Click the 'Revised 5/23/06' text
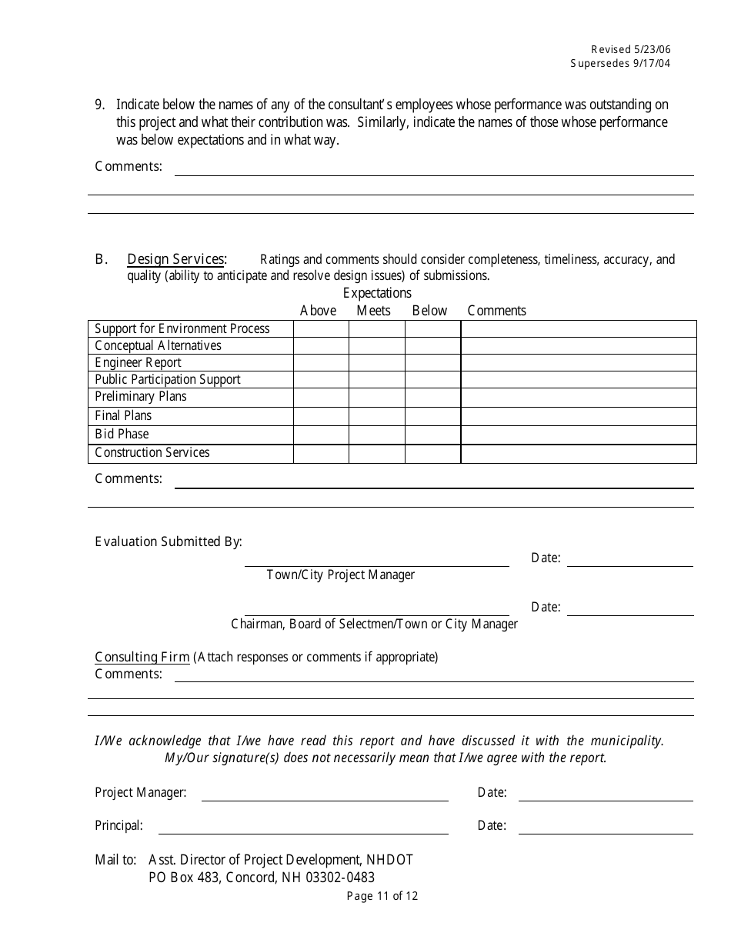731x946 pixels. (630, 49)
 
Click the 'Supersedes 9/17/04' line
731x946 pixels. (620, 64)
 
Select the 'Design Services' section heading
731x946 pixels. (176, 259)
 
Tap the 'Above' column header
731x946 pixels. (318, 311)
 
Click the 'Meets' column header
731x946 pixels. (373, 311)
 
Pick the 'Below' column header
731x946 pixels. (429, 311)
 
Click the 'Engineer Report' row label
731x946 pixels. (138, 363)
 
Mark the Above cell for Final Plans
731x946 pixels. (321, 416)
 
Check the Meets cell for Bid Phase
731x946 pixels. (376, 435)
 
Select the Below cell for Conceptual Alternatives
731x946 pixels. (432, 346)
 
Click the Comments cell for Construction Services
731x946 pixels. (578, 454)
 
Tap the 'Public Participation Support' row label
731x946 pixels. (167, 380)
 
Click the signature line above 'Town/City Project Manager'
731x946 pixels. (376, 565)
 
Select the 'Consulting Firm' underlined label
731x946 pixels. (142, 658)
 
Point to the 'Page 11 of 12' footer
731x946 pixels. (382, 896)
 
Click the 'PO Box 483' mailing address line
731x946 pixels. (262, 878)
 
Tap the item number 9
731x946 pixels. (99, 105)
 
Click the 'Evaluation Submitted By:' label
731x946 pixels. (168, 541)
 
